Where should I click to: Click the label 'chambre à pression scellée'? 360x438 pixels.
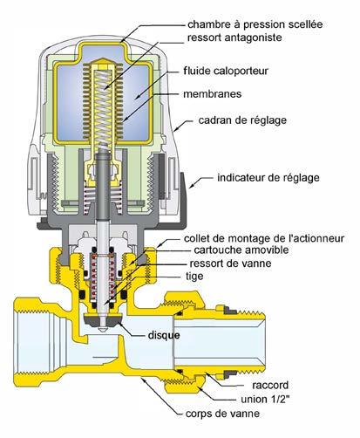coord(255,24)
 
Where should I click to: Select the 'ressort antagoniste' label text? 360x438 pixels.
coord(234,38)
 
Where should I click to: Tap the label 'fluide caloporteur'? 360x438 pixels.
coord(226,71)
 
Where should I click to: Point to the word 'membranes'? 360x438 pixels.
coord(213,94)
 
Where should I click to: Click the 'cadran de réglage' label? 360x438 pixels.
coord(242,120)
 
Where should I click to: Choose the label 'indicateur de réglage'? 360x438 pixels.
coord(268,178)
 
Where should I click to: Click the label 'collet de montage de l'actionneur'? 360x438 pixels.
coord(264,238)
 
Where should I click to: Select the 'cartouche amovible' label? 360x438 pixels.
coord(241,250)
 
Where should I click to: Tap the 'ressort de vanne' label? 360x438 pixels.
coord(230,263)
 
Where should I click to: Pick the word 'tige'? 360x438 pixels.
coord(194,277)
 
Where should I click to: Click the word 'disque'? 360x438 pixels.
coord(164,335)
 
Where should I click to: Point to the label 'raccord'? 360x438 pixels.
coord(270,386)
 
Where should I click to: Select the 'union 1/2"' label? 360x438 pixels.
coord(265,399)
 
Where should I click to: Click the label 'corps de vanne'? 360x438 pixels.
coord(222,414)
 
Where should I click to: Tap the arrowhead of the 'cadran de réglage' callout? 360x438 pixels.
coord(176,130)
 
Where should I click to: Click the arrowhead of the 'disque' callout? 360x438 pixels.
coord(119,324)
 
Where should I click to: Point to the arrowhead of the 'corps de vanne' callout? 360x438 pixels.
coord(143,379)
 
